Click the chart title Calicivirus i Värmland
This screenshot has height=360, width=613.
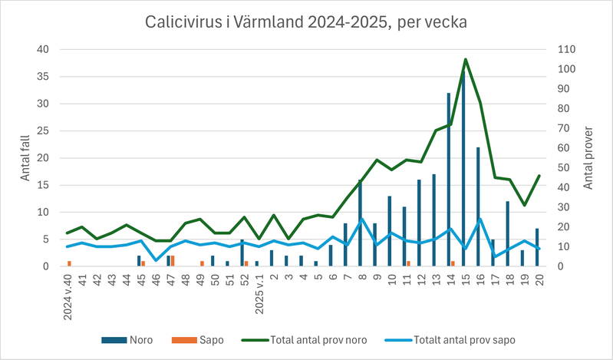pos(306,22)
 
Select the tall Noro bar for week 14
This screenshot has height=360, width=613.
pos(448,180)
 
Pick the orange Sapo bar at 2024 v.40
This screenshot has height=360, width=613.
pos(70,263)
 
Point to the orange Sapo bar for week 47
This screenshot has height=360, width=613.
pos(173,261)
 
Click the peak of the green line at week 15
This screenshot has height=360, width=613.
pos(465,60)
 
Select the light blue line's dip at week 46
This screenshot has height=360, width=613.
pos(156,260)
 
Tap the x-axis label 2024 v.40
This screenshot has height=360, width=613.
pos(69,296)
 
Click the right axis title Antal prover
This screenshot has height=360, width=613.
pos(588,158)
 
